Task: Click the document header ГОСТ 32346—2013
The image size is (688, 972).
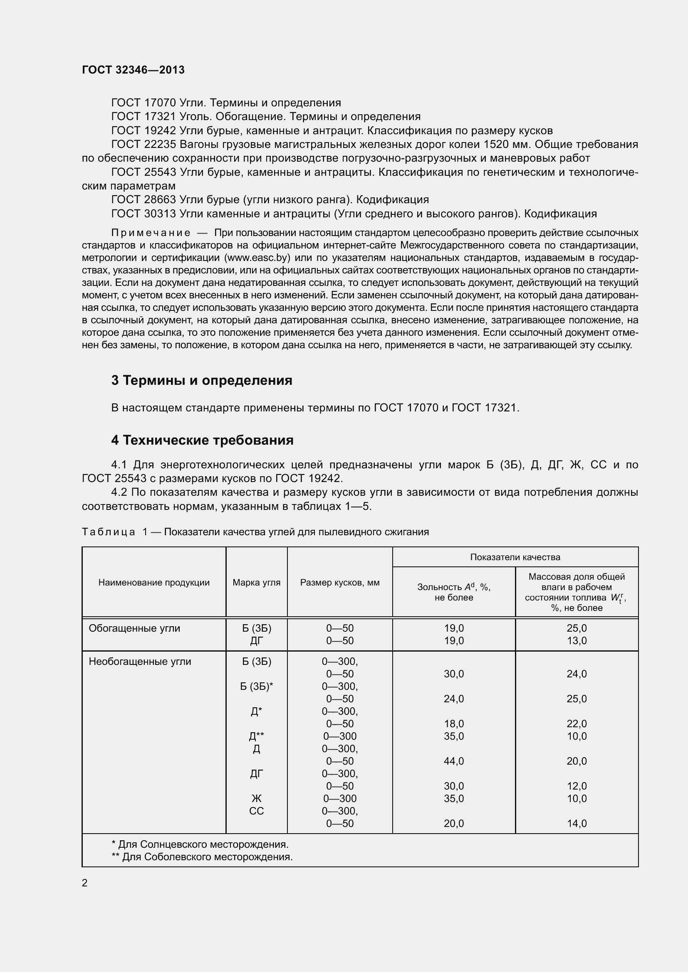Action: tap(133, 70)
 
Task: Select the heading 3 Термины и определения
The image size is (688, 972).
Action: tap(202, 380)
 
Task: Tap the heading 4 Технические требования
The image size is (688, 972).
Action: tap(202, 440)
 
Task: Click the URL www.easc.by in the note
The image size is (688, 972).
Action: tap(257, 258)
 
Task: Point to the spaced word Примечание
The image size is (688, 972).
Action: tap(151, 233)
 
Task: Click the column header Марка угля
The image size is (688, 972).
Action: tap(256, 582)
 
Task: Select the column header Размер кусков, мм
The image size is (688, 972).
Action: tap(340, 582)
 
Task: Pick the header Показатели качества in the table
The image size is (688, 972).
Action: tap(515, 557)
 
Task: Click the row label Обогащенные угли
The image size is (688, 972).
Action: tap(134, 628)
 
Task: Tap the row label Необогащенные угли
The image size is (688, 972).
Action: tap(140, 661)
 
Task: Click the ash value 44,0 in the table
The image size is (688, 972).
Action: tap(454, 761)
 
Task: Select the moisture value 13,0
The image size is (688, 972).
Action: tap(577, 640)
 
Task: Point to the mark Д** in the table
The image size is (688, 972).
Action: tap(256, 736)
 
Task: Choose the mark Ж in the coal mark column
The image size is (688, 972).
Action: tap(256, 798)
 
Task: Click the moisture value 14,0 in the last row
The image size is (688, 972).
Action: tap(577, 823)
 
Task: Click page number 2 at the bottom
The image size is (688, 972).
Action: tap(85, 883)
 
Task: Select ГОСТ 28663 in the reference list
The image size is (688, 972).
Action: tap(143, 199)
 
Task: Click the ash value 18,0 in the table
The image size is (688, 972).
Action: tap(454, 723)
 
